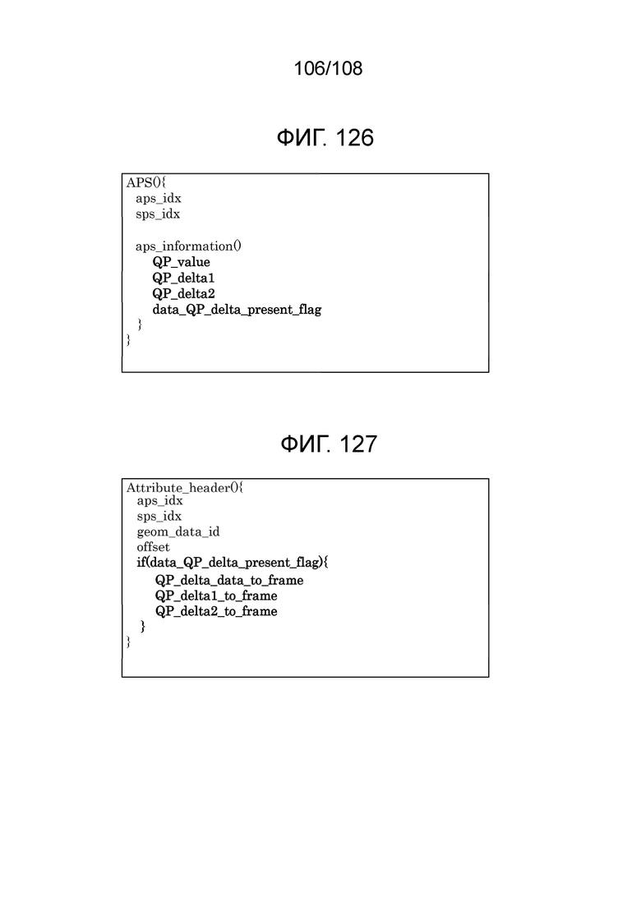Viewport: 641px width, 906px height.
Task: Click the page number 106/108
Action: pyautogui.click(x=328, y=68)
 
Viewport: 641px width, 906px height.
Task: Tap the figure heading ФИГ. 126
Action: pyautogui.click(x=325, y=138)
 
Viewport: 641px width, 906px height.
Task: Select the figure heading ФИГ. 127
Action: pyautogui.click(x=328, y=444)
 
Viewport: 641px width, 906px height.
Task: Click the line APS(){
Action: pyautogui.click(x=146, y=182)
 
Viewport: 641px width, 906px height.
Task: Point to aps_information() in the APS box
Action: pyautogui.click(x=188, y=246)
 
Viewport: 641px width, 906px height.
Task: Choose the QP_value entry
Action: pyautogui.click(x=182, y=262)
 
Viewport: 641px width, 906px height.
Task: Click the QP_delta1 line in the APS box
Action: pyautogui.click(x=184, y=278)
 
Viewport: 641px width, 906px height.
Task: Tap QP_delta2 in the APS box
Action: pyautogui.click(x=184, y=293)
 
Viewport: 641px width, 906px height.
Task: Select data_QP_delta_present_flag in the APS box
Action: pyautogui.click(x=237, y=310)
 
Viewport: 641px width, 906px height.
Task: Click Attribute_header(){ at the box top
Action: pyautogui.click(x=185, y=488)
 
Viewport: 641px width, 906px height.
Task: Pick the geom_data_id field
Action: pyautogui.click(x=178, y=531)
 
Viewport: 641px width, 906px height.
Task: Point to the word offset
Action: pyautogui.click(x=153, y=546)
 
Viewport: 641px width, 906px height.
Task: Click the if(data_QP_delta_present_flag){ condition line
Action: pyautogui.click(x=233, y=562)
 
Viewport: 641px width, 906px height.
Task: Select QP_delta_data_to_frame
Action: pyautogui.click(x=229, y=580)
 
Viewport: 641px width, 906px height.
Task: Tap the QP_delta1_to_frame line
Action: pyautogui.click(x=216, y=596)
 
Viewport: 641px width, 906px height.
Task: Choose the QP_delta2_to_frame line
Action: pyautogui.click(x=216, y=611)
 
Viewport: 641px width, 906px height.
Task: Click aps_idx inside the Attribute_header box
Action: pyautogui.click(x=159, y=501)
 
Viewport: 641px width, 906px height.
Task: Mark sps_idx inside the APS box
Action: pyautogui.click(x=158, y=214)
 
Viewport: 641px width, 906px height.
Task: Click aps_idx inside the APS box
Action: pyautogui.click(x=159, y=199)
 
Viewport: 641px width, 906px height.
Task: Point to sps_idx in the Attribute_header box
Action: pyautogui.click(x=159, y=516)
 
